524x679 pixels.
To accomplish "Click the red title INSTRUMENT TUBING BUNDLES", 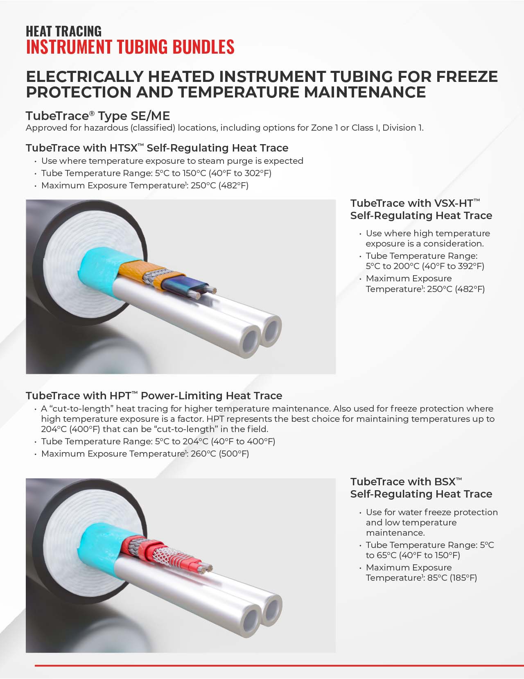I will tap(130, 47).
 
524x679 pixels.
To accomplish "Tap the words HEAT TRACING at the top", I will tap(63, 32).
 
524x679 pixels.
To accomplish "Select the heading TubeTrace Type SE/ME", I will tap(97, 116).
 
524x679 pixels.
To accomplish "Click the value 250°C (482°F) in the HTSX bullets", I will tap(219, 186).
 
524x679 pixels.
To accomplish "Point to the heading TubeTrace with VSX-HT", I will tap(415, 204).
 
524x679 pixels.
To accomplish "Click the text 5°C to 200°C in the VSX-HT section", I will tap(393, 266).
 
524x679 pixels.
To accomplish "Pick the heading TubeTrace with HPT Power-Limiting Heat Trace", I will tap(154, 396).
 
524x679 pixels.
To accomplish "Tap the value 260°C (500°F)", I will tap(220, 454).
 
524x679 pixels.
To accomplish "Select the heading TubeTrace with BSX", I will tap(406, 482).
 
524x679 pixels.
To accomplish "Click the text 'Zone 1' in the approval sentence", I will tap(324, 128).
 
